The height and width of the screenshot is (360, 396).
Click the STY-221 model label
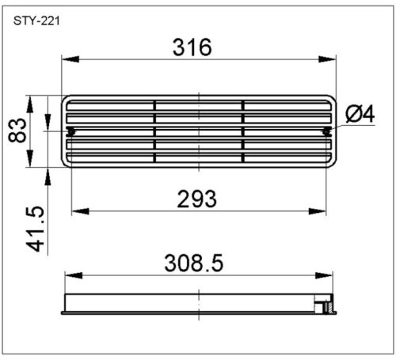click(x=36, y=21)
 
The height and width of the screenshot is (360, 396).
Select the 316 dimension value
click(x=192, y=47)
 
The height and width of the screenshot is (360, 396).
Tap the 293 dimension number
click(x=197, y=199)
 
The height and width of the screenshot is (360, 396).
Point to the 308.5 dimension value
click(x=194, y=263)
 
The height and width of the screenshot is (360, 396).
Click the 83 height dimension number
click(x=17, y=131)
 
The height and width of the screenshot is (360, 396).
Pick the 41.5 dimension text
click(x=35, y=229)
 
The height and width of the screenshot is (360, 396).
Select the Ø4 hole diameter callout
click(x=360, y=114)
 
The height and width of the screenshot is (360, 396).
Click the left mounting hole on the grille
click(x=71, y=131)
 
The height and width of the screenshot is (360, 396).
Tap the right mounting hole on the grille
click(x=327, y=131)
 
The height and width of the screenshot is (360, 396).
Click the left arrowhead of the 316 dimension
click(x=70, y=59)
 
